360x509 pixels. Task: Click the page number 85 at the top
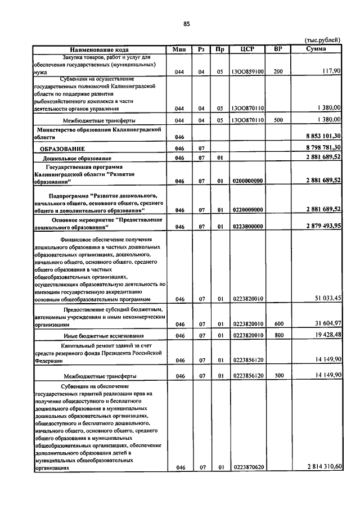[187, 24]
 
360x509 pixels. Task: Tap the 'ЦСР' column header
[247, 49]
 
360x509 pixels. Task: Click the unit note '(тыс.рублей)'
[322, 40]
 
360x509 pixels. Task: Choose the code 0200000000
[247, 181]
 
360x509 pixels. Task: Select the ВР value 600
[278, 324]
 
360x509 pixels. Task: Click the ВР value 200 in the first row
[278, 72]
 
